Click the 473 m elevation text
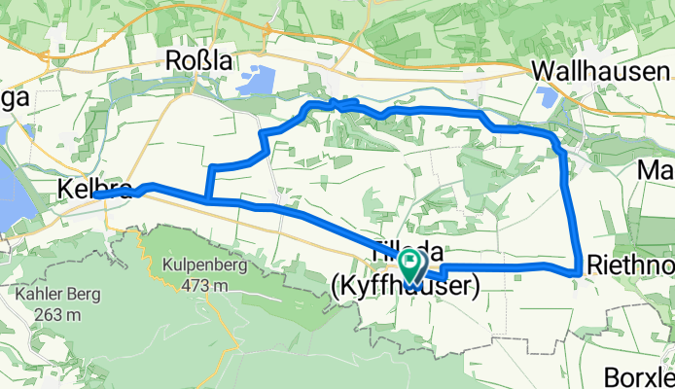click(204, 285)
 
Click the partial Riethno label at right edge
click(630, 263)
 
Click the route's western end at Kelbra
click(97, 195)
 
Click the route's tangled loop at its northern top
click(335, 104)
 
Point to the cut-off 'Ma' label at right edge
click(657, 172)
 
